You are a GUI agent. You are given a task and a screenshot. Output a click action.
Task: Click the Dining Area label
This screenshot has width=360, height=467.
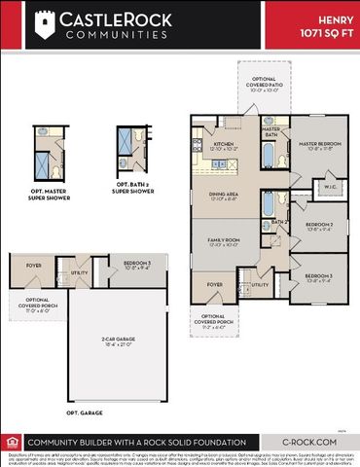tap(225, 195)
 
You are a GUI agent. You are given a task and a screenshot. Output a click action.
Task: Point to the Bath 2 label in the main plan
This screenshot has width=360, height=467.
tap(277, 222)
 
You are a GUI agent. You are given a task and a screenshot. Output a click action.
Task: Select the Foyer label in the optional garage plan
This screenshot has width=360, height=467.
tap(34, 264)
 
